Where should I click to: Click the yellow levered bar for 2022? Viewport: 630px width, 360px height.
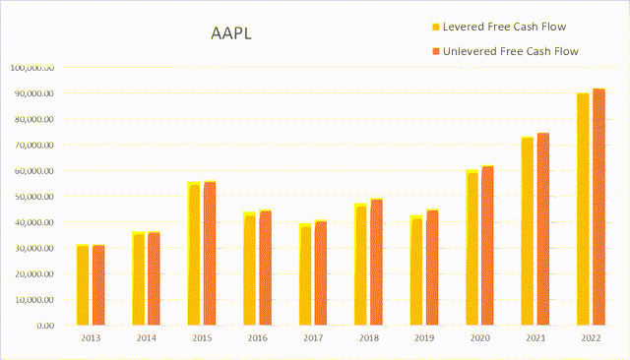pos(583,209)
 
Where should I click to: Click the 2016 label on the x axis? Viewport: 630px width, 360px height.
pos(257,339)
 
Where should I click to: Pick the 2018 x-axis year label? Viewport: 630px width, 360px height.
pos(369,339)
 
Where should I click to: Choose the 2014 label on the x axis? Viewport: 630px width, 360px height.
pos(146,339)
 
